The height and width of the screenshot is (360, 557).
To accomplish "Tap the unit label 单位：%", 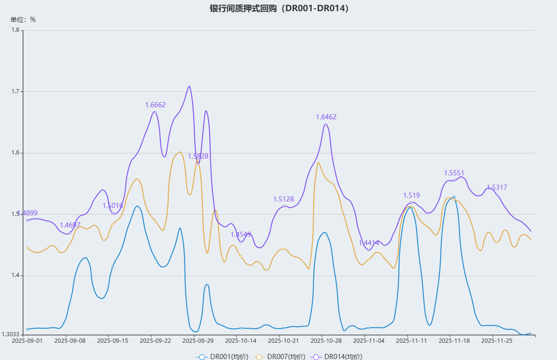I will (23, 20).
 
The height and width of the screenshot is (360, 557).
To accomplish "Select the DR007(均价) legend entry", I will (280, 357).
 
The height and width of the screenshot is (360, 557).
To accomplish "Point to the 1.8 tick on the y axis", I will (16, 30).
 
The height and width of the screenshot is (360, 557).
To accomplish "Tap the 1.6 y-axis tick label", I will (16, 153).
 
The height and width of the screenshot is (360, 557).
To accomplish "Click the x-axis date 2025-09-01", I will (27, 341).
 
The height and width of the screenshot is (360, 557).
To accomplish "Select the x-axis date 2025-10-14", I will (241, 341).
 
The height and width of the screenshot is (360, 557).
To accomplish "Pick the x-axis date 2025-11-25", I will (497, 341).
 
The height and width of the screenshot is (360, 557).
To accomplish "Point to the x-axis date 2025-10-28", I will (326, 341).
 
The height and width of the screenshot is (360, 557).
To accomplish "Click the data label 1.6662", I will (155, 105).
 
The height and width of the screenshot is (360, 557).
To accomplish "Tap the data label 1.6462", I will (326, 117).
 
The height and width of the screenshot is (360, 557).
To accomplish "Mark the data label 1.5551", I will (454, 173).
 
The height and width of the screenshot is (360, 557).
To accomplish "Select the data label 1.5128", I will (283, 199).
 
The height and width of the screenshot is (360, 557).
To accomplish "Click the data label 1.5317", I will (497, 187).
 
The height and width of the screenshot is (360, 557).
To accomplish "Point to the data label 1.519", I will (412, 195).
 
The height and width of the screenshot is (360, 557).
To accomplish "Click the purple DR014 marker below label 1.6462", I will (326, 125).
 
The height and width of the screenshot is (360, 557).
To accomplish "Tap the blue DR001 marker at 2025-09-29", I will (198, 331).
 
